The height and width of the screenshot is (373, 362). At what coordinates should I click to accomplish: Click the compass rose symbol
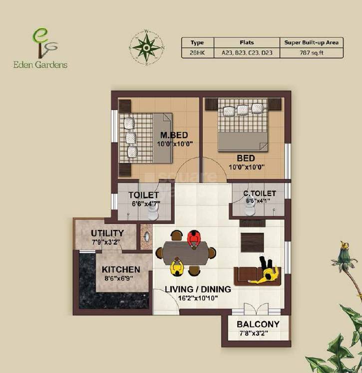click(x=146, y=47)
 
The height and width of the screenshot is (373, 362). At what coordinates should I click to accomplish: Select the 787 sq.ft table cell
click(x=312, y=53)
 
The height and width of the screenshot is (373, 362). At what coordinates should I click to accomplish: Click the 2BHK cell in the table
click(x=197, y=53)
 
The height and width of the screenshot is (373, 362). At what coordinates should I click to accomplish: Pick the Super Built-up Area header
click(x=312, y=42)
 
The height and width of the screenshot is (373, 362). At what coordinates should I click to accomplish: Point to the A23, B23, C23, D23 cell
click(x=247, y=53)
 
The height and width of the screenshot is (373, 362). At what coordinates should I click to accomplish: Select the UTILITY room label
click(x=107, y=233)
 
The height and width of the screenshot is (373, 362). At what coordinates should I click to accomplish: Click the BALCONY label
click(x=258, y=324)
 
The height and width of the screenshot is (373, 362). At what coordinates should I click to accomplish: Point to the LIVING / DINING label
click(x=198, y=289)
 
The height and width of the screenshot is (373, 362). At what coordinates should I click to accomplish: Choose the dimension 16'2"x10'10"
click(x=198, y=298)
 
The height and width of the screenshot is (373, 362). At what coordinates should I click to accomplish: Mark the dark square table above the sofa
click(x=252, y=242)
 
